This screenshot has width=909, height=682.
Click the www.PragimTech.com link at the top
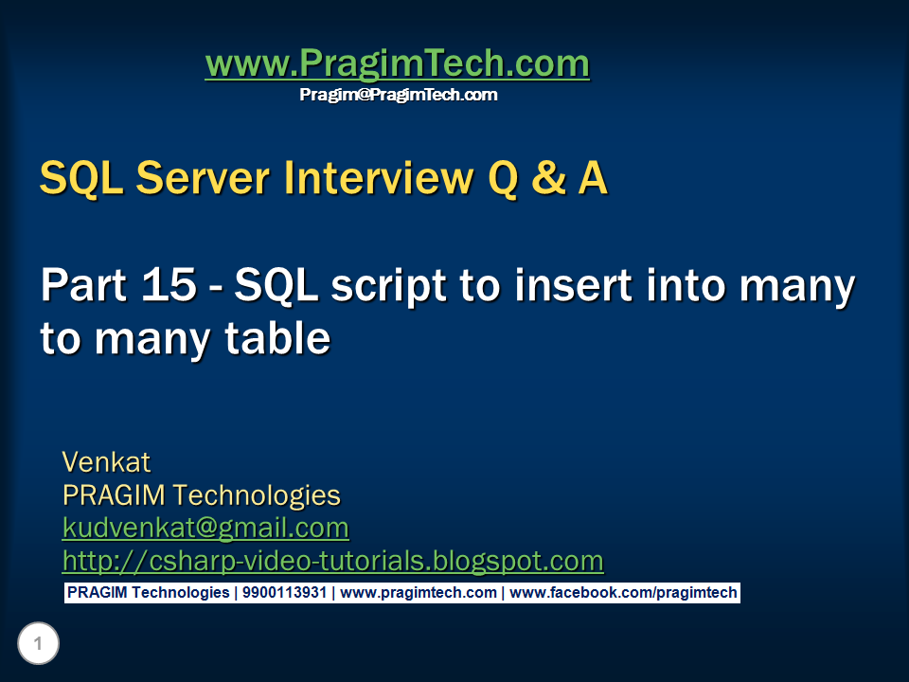coord(397,64)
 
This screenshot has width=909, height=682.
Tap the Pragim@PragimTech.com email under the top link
coord(398,95)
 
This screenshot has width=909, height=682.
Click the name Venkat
coord(106,462)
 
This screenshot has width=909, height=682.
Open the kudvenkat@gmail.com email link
coord(205,528)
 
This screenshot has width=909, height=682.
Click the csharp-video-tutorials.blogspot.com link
coord(332,561)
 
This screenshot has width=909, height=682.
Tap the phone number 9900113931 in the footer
coord(284,593)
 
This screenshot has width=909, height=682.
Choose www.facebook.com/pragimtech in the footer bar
coord(623,593)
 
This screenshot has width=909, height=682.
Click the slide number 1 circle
coord(38,645)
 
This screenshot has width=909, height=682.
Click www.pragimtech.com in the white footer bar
coord(419,593)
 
